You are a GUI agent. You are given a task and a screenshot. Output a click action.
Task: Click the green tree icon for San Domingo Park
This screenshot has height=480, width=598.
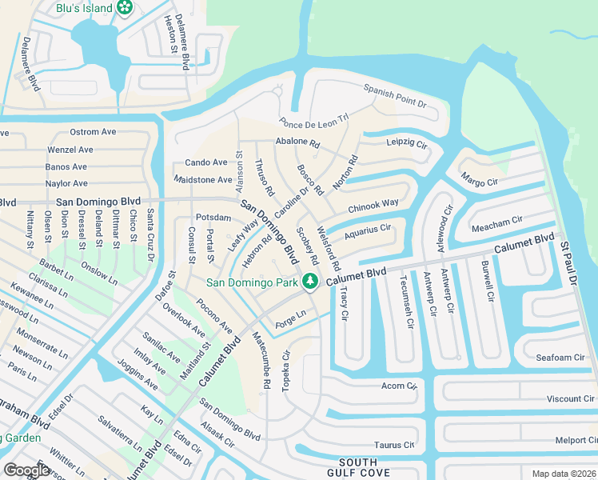tap(309, 281)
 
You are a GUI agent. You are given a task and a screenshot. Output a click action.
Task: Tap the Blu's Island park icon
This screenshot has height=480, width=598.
tap(124, 8)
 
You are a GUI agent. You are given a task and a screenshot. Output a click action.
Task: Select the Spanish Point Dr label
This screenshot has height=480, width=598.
tap(395, 96)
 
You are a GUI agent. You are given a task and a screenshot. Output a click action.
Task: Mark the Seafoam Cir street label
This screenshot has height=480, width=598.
tap(557, 358)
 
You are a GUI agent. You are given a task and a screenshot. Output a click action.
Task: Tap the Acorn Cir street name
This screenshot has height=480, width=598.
tap(399, 386)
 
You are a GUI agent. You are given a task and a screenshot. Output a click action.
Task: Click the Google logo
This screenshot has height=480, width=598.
tap(26, 470)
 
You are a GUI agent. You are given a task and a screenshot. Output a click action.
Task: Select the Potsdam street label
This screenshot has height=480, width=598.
tap(213, 218)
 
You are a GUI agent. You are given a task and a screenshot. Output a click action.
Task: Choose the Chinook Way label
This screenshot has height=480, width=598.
tap(373, 206)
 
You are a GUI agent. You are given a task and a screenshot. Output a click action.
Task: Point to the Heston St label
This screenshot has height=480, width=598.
tap(169, 34)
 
